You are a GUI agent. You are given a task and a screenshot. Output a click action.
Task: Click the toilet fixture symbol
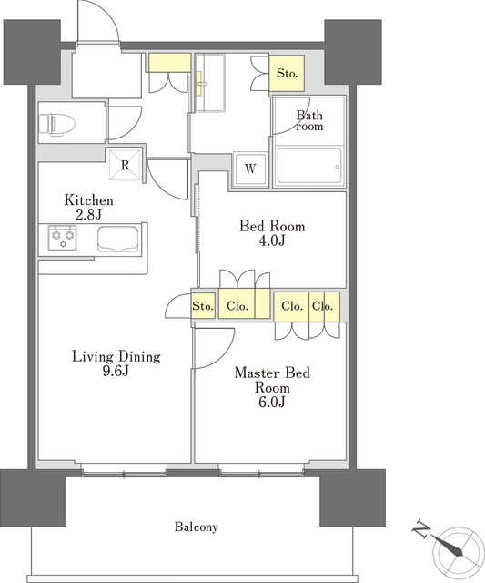(x=56, y=124)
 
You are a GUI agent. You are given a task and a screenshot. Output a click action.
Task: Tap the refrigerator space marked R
(x=126, y=165)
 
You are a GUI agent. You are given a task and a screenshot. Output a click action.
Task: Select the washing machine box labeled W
(x=250, y=169)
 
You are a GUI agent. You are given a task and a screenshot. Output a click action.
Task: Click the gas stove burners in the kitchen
(x=63, y=238)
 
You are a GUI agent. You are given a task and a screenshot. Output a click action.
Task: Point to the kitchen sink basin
(x=118, y=239)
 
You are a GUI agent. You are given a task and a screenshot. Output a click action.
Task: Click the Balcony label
(x=196, y=527)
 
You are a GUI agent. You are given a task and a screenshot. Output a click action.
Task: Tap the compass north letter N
(x=421, y=528)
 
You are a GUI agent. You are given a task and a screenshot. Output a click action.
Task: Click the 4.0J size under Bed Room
(x=272, y=240)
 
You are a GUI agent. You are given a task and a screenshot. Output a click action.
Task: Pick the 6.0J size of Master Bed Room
(x=272, y=402)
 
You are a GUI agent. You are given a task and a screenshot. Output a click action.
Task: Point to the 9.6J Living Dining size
(x=116, y=371)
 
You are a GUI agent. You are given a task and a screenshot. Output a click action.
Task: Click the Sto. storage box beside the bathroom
(x=287, y=73)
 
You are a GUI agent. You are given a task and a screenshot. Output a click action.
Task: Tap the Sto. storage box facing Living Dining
(x=203, y=306)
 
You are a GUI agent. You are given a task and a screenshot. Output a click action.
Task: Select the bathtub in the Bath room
(x=309, y=166)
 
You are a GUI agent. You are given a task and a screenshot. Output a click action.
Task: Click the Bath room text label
(x=309, y=121)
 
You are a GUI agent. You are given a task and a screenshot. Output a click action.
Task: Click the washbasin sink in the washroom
(x=200, y=84)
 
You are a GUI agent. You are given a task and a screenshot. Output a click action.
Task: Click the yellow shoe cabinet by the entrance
(x=170, y=63)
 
